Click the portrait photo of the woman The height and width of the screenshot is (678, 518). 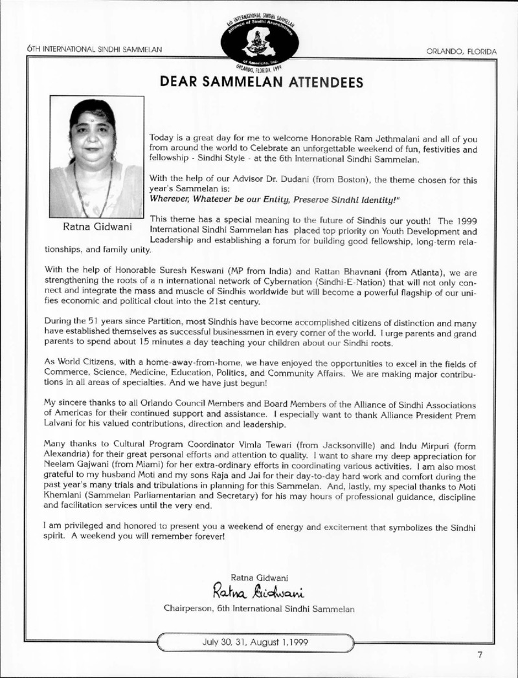[x=96, y=157]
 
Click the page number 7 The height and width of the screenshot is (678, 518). [x=480, y=654]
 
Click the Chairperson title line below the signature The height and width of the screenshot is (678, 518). [x=259, y=607]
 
